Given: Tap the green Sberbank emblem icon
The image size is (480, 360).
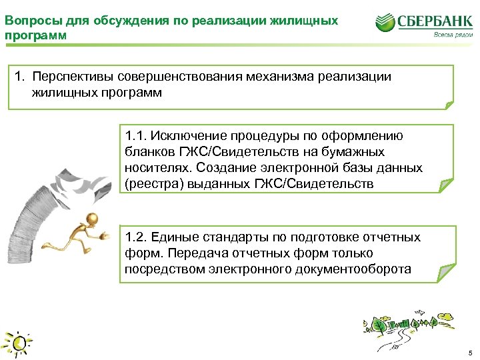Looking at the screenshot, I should pyautogui.click(x=385, y=23).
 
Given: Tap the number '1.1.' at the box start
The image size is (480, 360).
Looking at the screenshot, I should pyautogui.click(x=135, y=136).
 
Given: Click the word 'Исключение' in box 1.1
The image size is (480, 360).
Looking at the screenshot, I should pyautogui.click(x=184, y=136).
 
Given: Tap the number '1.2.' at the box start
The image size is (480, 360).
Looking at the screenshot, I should pyautogui.click(x=135, y=237).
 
